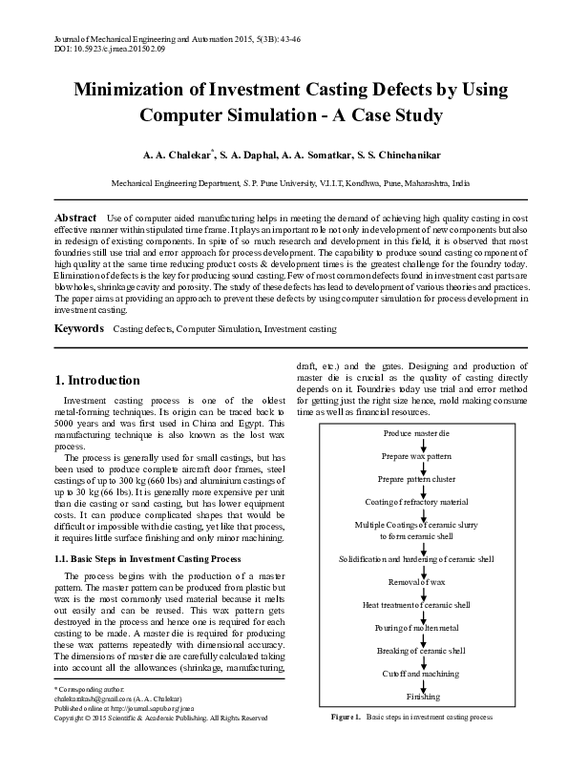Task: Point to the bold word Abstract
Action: (75, 219)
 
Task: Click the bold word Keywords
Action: (78, 328)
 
